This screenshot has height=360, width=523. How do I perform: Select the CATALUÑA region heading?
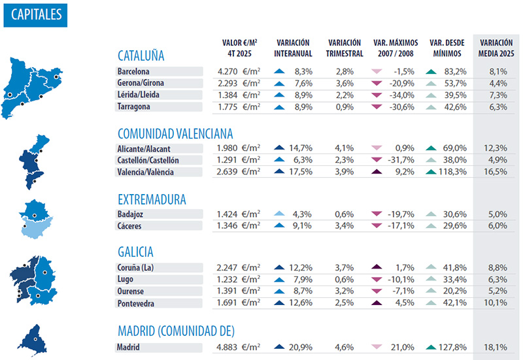(141, 55)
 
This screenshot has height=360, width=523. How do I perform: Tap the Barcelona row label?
(133, 71)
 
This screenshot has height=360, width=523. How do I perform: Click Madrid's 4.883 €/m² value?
(239, 348)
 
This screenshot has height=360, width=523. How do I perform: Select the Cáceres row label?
(131, 226)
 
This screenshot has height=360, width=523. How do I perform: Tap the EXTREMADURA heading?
(152, 199)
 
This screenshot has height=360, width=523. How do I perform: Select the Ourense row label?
(131, 291)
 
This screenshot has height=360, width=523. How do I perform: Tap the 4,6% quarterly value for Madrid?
(345, 348)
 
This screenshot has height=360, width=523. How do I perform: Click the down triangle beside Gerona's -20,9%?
(375, 83)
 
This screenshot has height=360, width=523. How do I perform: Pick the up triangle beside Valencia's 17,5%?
(280, 172)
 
